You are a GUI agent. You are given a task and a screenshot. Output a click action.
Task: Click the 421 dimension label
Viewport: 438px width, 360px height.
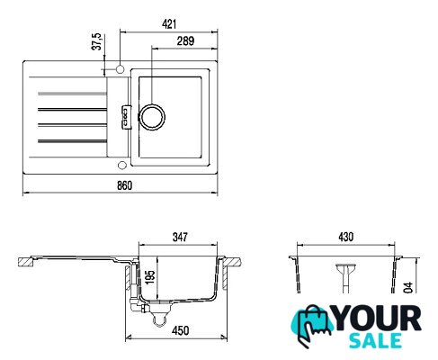coord(169,24)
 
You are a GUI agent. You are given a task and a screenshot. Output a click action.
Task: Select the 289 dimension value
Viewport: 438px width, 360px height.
coord(185,40)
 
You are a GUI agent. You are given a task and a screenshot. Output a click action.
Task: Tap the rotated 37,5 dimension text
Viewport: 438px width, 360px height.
coord(96,41)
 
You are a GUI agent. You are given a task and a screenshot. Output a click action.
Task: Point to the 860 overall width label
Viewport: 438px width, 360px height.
coord(124,185)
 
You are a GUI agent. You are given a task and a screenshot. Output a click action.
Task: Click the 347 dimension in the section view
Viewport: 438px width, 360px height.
coord(180,237)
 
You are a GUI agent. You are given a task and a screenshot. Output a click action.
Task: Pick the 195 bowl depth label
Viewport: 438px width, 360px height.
coord(150,276)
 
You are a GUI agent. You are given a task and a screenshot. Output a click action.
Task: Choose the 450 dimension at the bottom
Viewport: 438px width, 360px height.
coord(181,330)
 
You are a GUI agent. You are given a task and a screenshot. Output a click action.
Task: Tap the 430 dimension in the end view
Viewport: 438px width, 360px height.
coord(346,237)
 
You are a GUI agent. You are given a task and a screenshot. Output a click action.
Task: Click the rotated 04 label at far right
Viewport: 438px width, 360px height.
coord(408,287)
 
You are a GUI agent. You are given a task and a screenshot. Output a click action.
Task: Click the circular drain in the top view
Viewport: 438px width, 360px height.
coord(153,117)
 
